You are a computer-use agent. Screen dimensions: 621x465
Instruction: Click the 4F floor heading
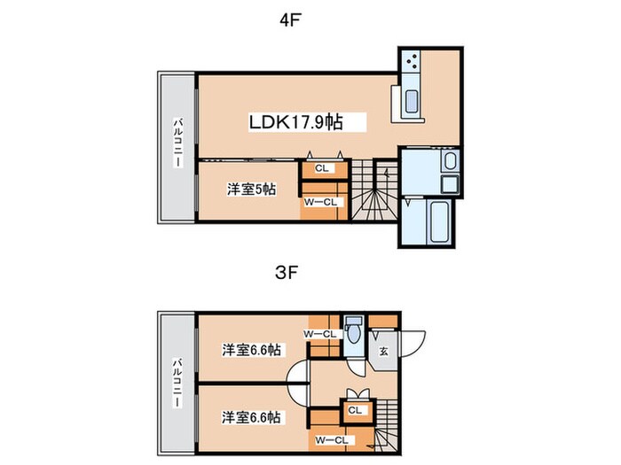click(x=288, y=20)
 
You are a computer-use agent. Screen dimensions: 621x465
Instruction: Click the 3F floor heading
click(x=287, y=273)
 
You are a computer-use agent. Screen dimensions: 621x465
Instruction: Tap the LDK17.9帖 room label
click(x=295, y=122)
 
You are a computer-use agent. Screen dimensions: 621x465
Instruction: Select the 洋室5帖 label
click(x=251, y=190)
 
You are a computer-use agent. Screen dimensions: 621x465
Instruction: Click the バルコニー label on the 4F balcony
click(x=177, y=143)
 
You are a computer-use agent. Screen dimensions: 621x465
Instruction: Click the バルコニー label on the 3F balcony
click(x=177, y=383)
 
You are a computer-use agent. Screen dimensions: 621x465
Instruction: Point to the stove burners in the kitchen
click(x=411, y=61)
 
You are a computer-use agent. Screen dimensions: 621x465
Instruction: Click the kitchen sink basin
click(x=412, y=101)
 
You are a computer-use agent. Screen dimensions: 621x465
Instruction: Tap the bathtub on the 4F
click(x=439, y=222)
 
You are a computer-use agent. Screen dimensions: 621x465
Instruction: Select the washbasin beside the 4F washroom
click(x=451, y=161)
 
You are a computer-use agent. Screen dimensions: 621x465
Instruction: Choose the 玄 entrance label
click(x=384, y=351)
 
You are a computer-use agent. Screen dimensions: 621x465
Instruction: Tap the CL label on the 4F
click(x=322, y=168)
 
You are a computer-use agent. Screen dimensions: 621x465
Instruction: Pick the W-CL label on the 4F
click(x=320, y=202)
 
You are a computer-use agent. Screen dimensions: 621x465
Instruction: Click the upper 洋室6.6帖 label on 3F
click(x=251, y=350)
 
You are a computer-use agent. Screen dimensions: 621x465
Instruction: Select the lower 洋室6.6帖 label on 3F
click(x=251, y=417)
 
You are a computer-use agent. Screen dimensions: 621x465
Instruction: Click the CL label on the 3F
click(x=355, y=410)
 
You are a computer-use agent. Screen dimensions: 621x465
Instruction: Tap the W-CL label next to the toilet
click(x=320, y=334)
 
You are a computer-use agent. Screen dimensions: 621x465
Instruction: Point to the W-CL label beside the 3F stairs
click(x=332, y=440)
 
